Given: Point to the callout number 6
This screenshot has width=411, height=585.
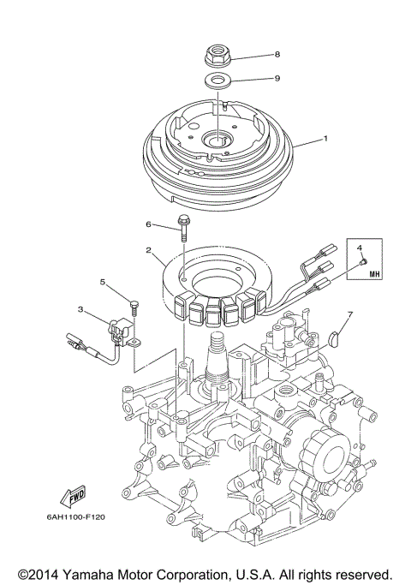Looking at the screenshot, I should tap(148, 224).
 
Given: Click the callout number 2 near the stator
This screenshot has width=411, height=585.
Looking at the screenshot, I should tap(149, 250).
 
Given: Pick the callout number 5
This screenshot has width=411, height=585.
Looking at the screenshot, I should tap(102, 282).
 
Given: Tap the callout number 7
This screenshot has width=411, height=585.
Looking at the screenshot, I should tap(348, 315).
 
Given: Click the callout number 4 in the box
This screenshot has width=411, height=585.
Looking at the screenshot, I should tap(360, 248).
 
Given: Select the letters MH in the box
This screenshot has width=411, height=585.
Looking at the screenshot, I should tap(373, 274).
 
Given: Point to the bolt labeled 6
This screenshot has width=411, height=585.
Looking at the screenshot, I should tap(184, 229).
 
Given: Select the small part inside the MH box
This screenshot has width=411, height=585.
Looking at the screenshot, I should tap(363, 260).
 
